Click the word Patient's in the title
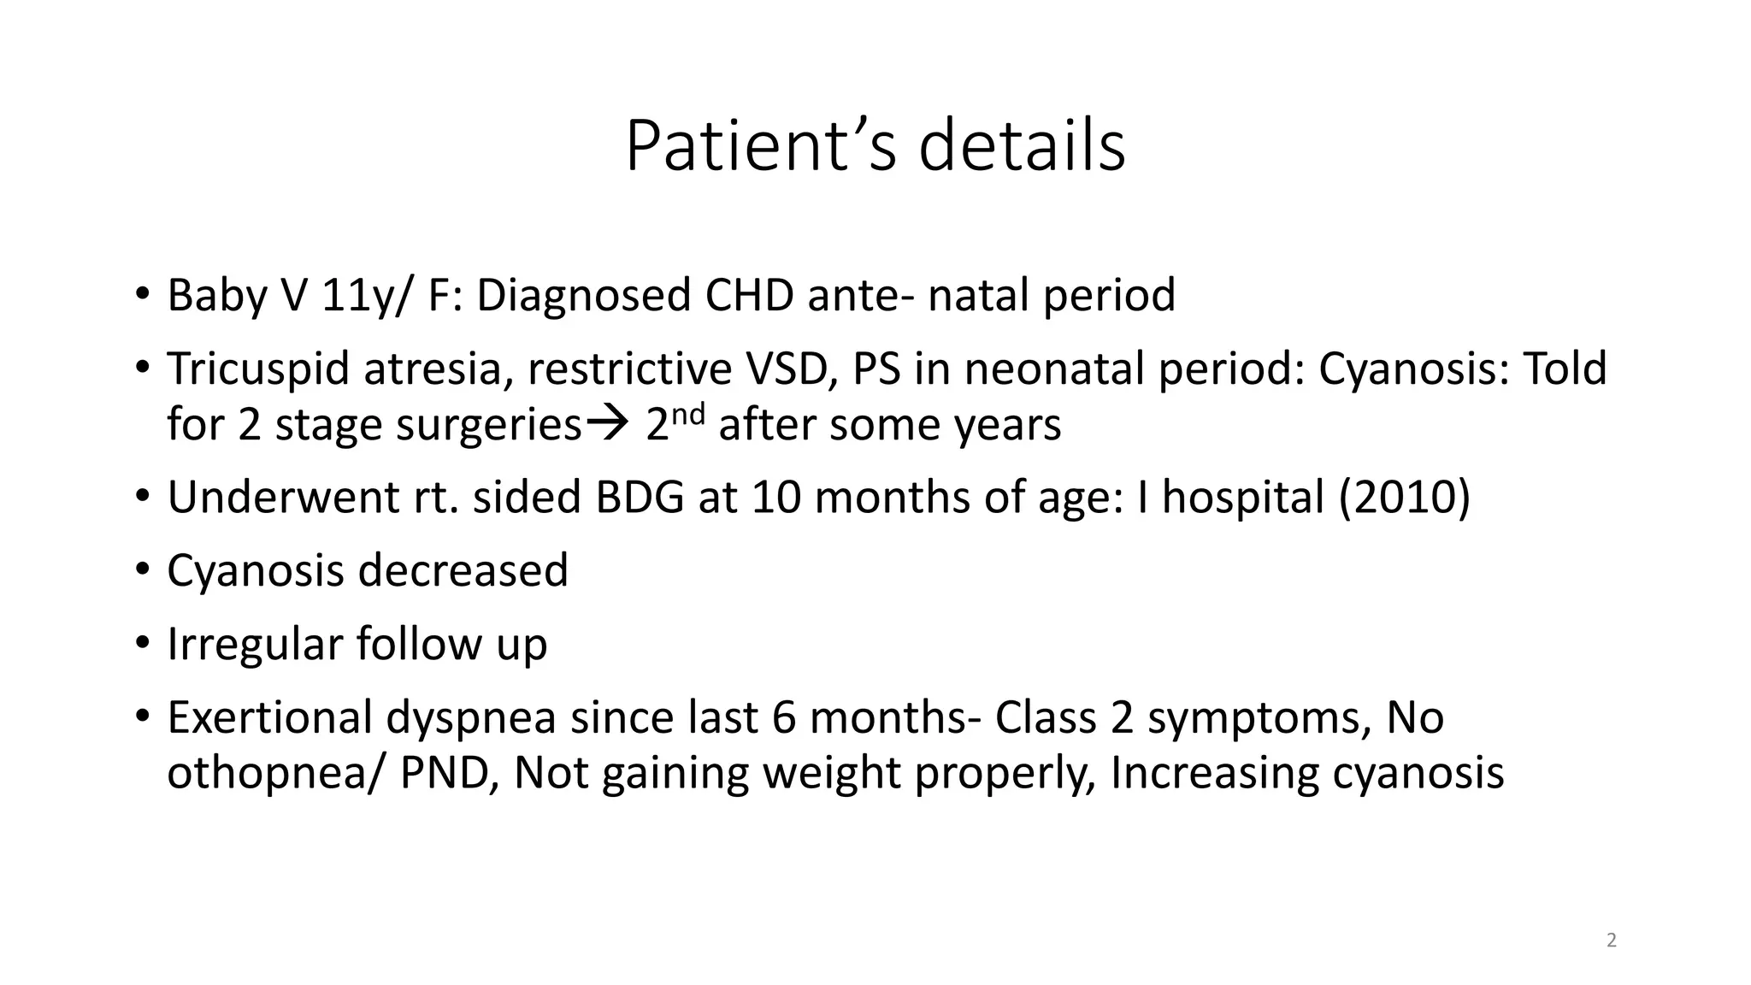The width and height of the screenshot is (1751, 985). (760, 146)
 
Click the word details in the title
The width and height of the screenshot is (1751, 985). (1022, 146)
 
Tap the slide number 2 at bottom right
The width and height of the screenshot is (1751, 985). (1612, 941)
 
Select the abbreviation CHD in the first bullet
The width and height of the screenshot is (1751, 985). (749, 295)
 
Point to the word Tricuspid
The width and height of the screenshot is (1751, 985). (258, 369)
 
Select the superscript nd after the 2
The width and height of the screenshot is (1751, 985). (690, 414)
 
